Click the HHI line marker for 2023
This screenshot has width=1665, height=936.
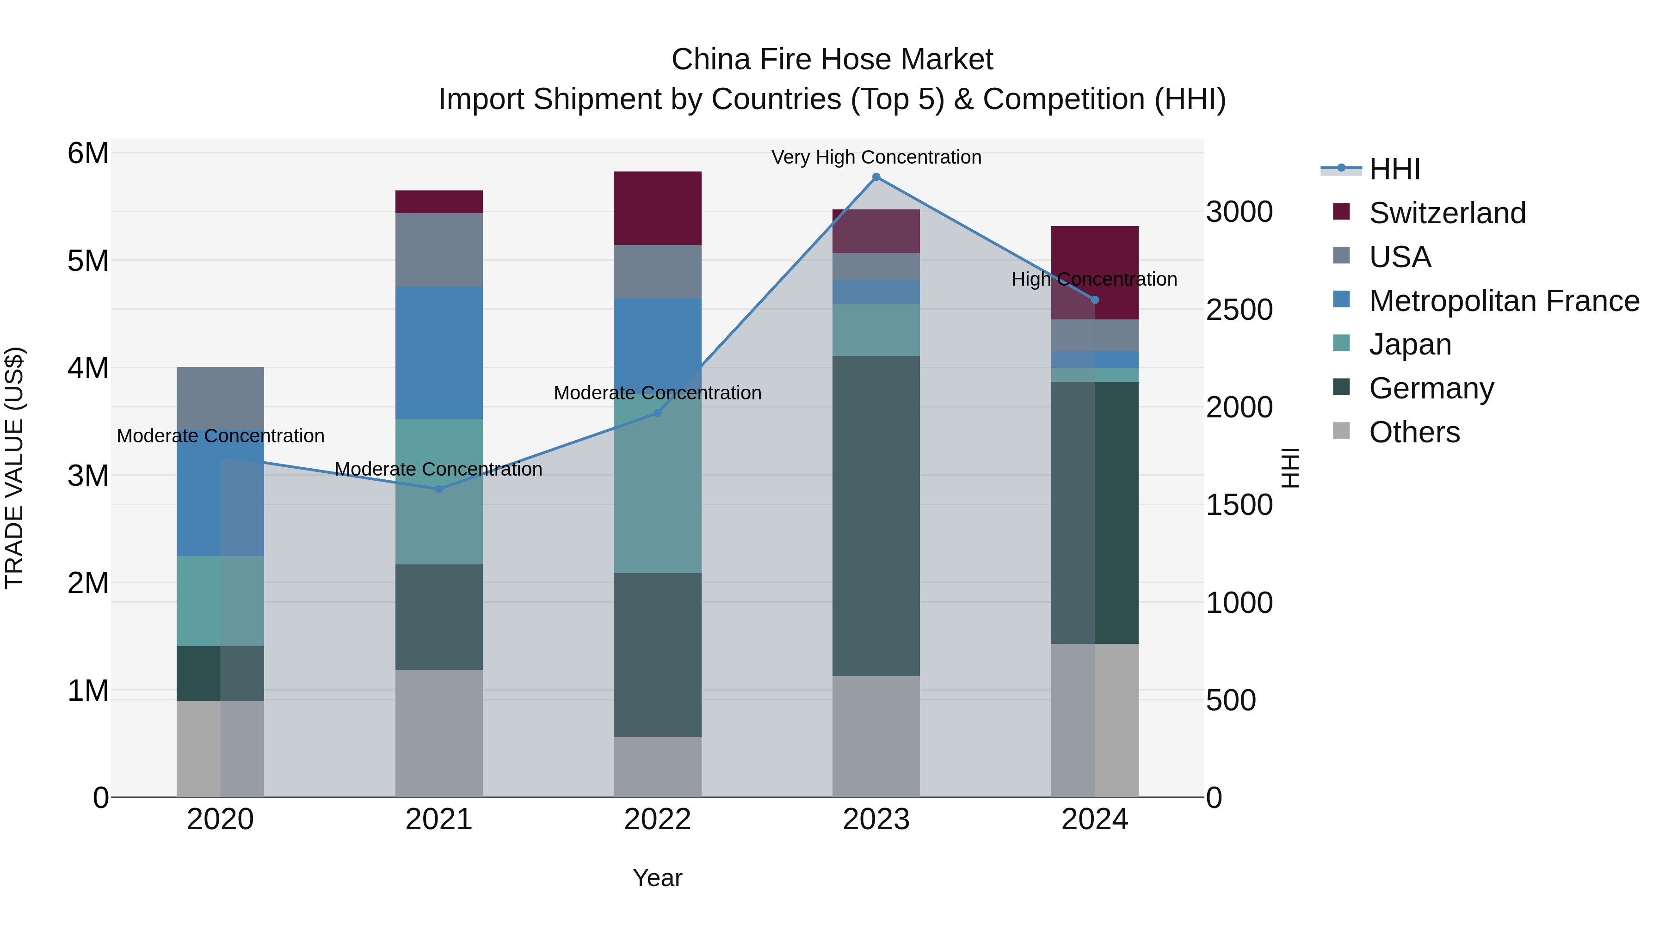pyautogui.click(x=876, y=177)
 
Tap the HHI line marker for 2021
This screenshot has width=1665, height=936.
pyautogui.click(x=439, y=489)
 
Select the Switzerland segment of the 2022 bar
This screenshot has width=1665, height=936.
pyautogui.click(x=657, y=208)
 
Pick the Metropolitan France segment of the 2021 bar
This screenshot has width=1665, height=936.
pyautogui.click(x=439, y=353)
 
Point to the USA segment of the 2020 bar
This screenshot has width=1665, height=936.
pyautogui.click(x=221, y=397)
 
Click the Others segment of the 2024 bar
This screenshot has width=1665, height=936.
pyautogui.click(x=1094, y=720)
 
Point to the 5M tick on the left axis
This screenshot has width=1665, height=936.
pyautogui.click(x=88, y=261)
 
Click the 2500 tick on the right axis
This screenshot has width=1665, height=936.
pyautogui.click(x=1239, y=310)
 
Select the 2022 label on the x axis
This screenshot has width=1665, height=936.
pyautogui.click(x=657, y=820)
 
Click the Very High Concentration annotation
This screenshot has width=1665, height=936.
pyautogui.click(x=876, y=157)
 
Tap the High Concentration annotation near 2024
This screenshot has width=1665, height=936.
pyautogui.click(x=1094, y=279)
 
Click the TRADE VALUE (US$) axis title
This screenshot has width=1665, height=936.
pyautogui.click(x=14, y=468)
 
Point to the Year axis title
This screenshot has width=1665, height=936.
pyautogui.click(x=657, y=878)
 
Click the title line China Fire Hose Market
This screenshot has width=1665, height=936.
pyautogui.click(x=832, y=60)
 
